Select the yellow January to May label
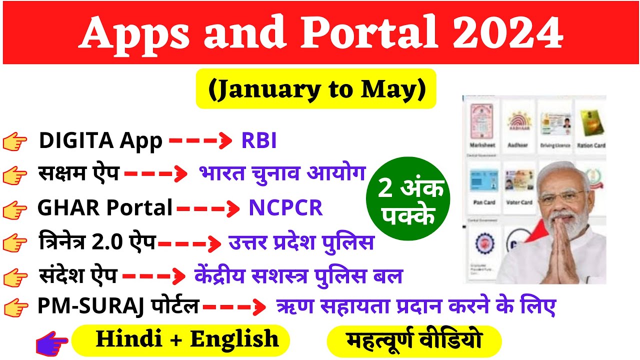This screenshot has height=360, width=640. tap(316, 89)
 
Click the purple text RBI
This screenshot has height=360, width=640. tap(259, 141)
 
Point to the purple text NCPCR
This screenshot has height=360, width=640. tap(285, 208)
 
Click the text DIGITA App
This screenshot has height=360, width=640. tap(100, 141)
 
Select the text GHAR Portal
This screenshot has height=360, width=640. tap(105, 208)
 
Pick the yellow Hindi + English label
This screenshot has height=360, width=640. tap(181, 339)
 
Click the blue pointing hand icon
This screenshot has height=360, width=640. tap(52, 344)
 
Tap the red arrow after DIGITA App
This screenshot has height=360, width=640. tap(200, 142)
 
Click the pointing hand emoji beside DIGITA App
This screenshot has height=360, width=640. tap(15, 142)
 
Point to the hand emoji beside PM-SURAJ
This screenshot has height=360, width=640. tap(15, 306)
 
